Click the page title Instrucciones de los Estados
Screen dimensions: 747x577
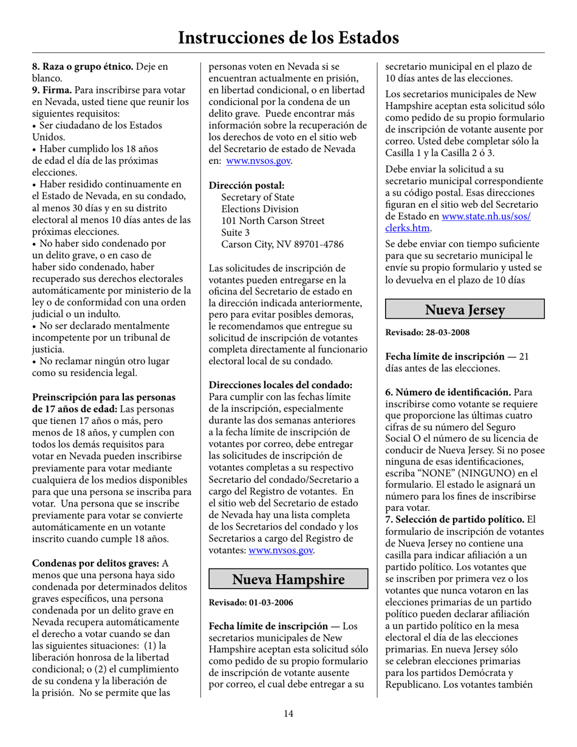[x=288, y=37]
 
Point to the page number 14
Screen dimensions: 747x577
[x=288, y=713]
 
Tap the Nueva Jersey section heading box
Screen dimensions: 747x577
[x=465, y=310]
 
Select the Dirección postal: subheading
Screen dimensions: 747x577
[x=247, y=185]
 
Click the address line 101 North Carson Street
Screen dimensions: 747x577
[x=273, y=220]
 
